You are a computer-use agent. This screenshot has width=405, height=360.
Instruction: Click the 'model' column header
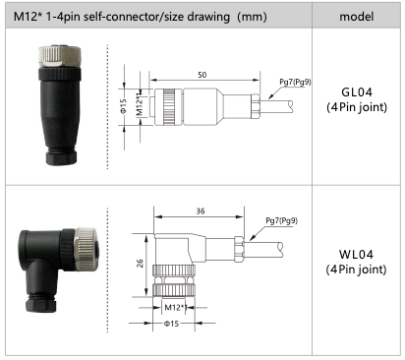point(356,17)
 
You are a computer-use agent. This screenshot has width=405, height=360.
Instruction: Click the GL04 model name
point(357,92)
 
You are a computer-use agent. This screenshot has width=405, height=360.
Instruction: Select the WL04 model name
point(356,254)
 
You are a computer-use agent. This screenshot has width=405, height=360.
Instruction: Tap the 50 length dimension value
point(202,75)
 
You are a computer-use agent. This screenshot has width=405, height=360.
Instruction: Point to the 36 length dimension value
point(201,210)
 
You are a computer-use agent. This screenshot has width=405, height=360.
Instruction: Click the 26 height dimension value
point(140,264)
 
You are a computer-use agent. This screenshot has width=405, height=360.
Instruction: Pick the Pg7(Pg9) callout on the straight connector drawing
point(295,82)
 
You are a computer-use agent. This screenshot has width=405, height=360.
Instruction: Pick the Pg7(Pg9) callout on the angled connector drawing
point(281,220)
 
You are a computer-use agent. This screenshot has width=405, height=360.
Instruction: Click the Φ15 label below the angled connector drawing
point(171,324)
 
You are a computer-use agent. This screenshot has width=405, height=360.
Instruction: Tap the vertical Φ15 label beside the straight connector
point(123,106)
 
